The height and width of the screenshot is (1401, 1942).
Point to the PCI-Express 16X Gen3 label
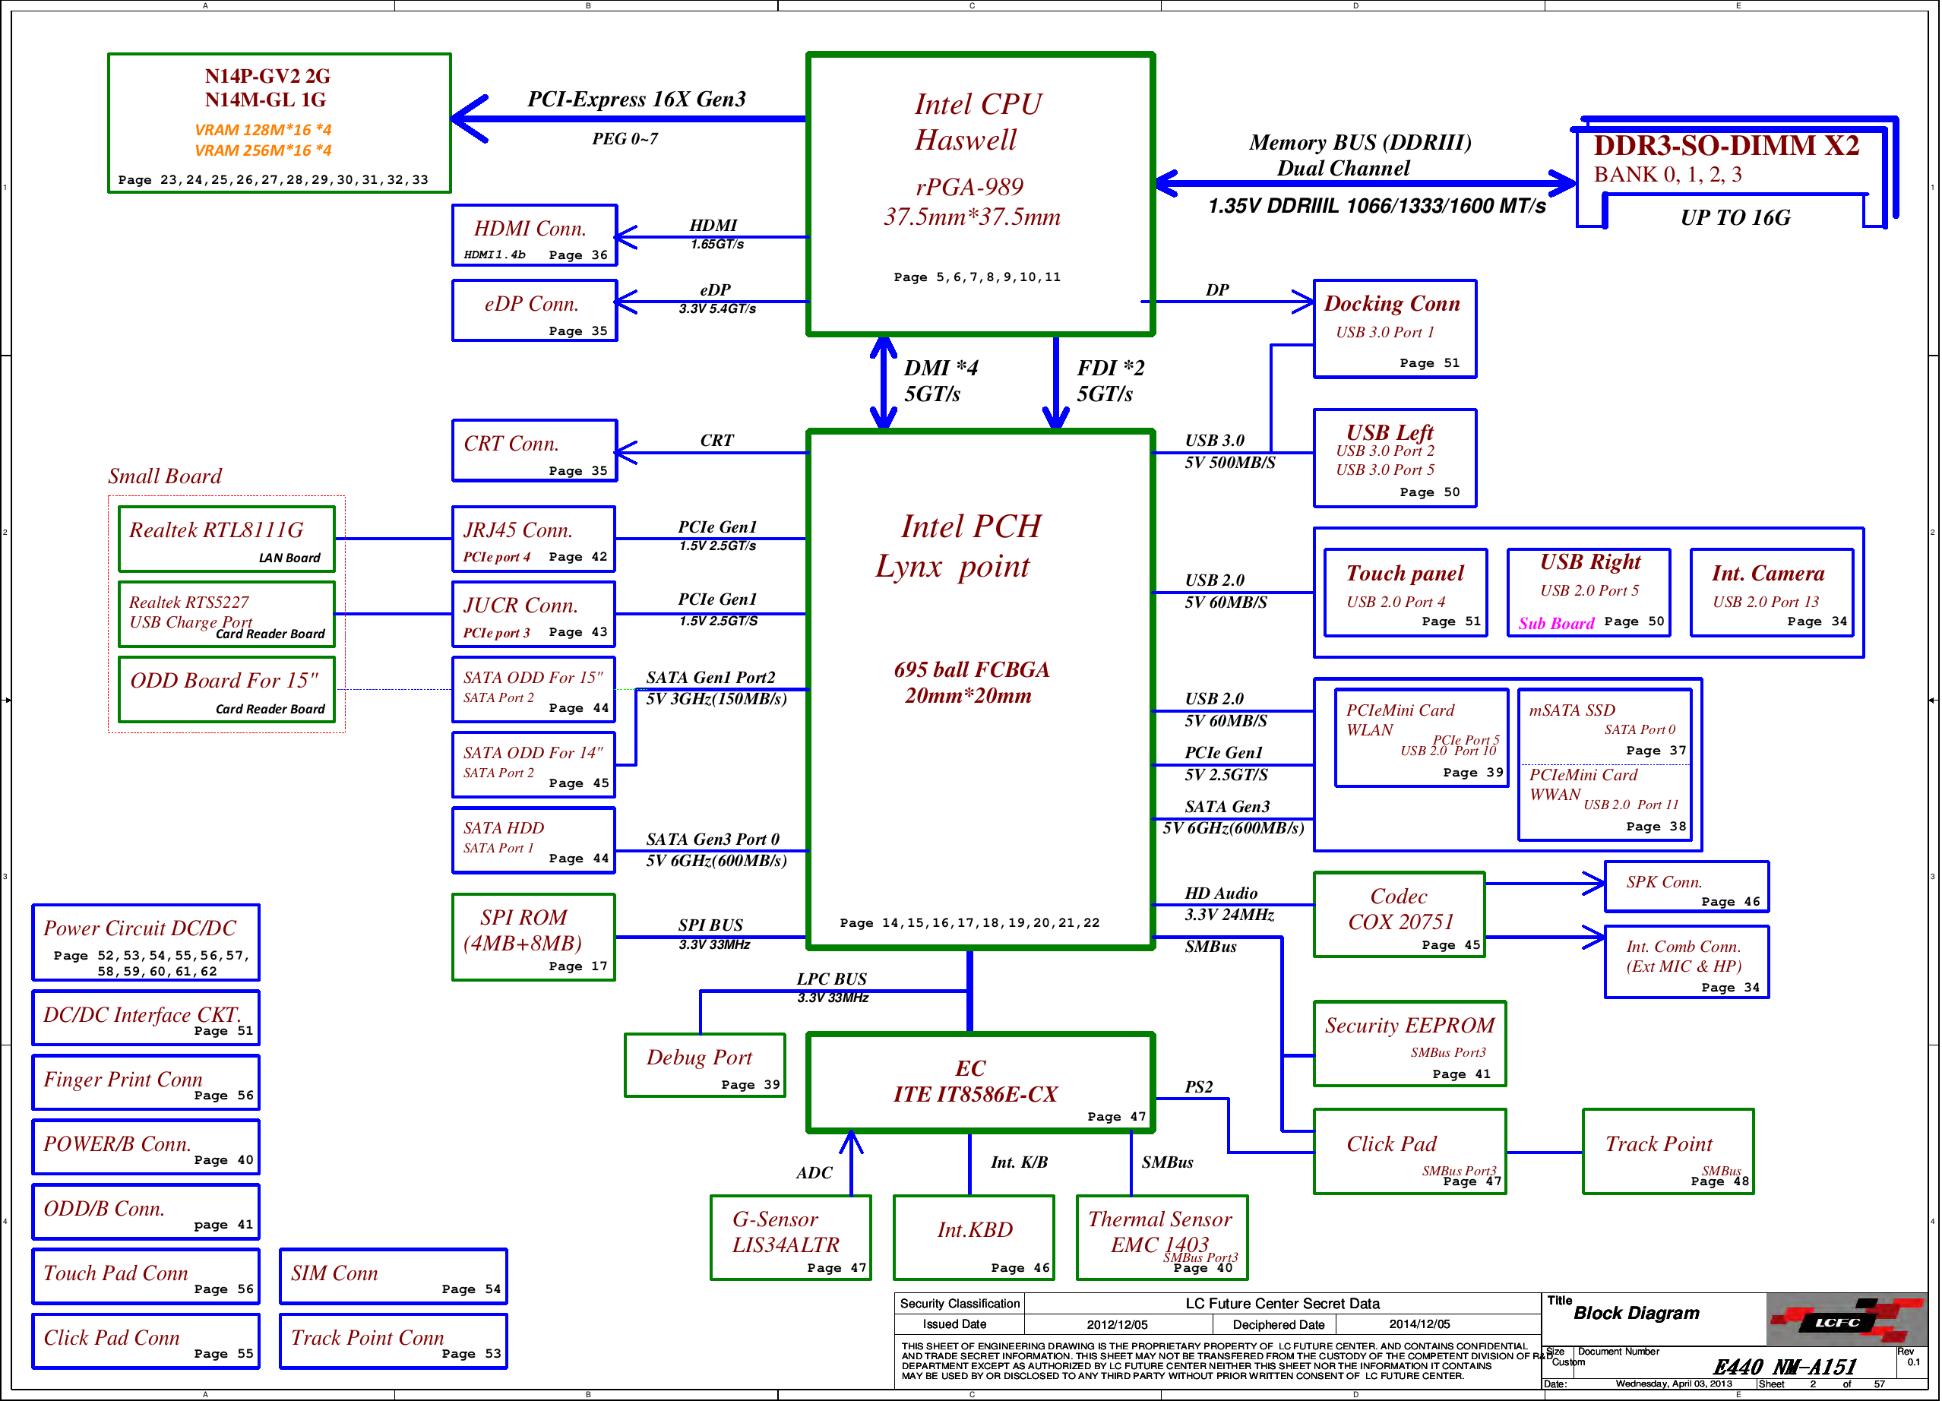pos(636,100)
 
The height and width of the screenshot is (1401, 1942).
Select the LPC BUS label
pos(831,979)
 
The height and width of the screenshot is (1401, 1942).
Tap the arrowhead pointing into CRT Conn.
pos(625,452)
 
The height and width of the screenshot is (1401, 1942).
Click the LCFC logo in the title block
pos(1846,1320)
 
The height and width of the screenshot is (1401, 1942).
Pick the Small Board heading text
pos(164,476)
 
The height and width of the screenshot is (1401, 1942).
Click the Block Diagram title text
pos(1637,1313)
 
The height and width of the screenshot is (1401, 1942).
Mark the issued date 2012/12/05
pos(1117,1324)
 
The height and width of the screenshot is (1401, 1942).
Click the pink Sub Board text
pos(1556,624)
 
